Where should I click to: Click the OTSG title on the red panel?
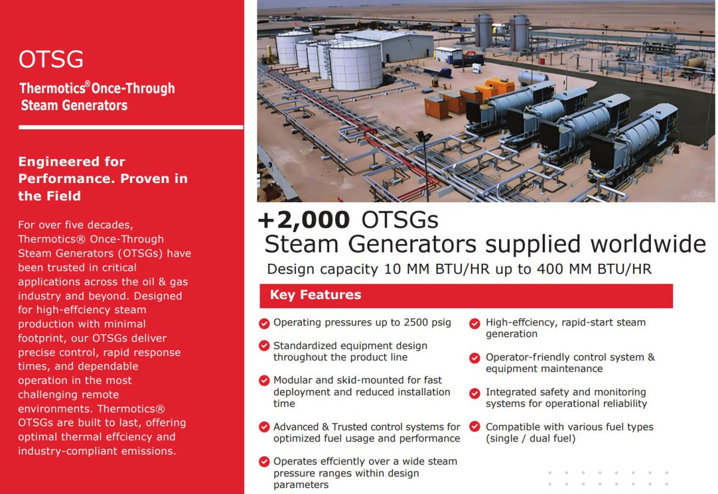tap(51, 59)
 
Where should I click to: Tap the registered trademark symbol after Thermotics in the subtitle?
tap(87, 84)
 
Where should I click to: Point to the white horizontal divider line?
tap(131, 127)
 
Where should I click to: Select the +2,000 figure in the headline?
tap(303, 219)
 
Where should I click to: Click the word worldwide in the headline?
tap(649, 244)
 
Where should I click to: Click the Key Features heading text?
tap(315, 295)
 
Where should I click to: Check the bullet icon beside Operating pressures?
tap(264, 324)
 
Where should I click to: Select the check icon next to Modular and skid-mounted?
tap(264, 380)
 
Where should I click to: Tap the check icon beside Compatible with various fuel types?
tap(474, 427)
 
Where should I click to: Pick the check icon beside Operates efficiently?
tap(264, 462)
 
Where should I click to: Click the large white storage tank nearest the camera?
tap(356, 66)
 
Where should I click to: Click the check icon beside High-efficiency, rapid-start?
tap(474, 324)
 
